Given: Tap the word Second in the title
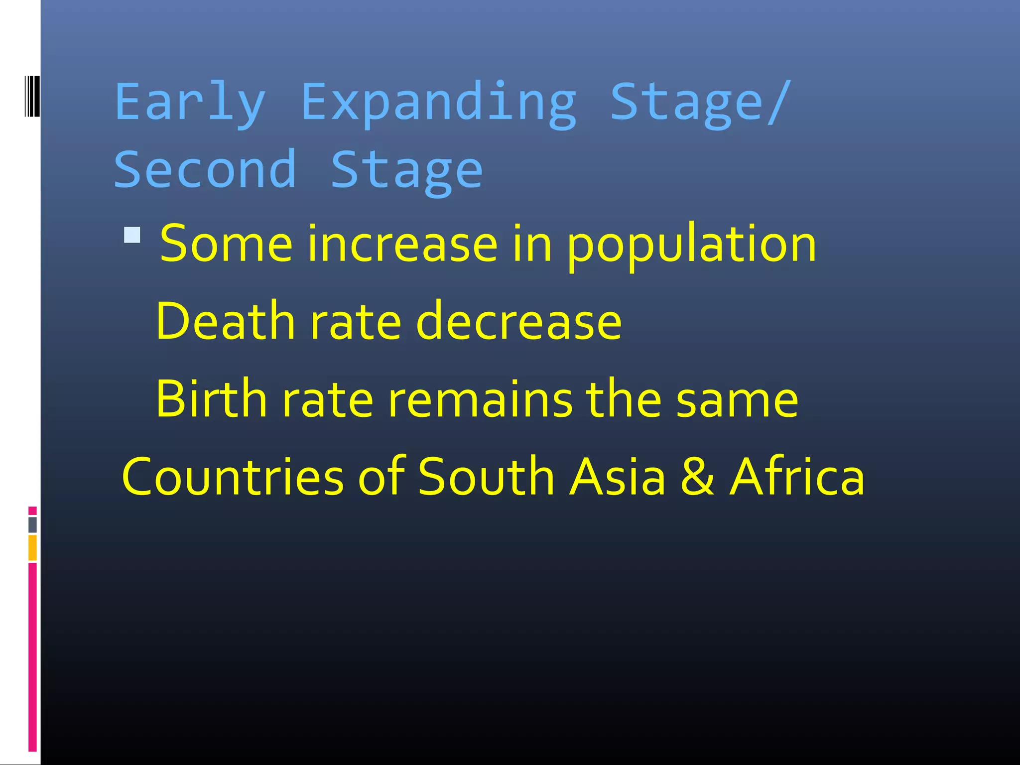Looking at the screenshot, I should point(205,170).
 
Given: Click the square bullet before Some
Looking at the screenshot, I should point(132,235).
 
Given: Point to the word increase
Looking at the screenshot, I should point(402,244).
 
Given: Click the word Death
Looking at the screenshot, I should point(225,322).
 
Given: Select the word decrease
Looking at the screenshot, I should point(518,322).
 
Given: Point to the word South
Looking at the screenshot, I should point(486,477).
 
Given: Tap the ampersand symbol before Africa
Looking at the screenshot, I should point(698,477).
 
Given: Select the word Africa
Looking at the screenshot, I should point(797,477).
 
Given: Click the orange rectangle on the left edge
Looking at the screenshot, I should point(32,547).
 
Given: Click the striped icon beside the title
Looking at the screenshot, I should point(32,96).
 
